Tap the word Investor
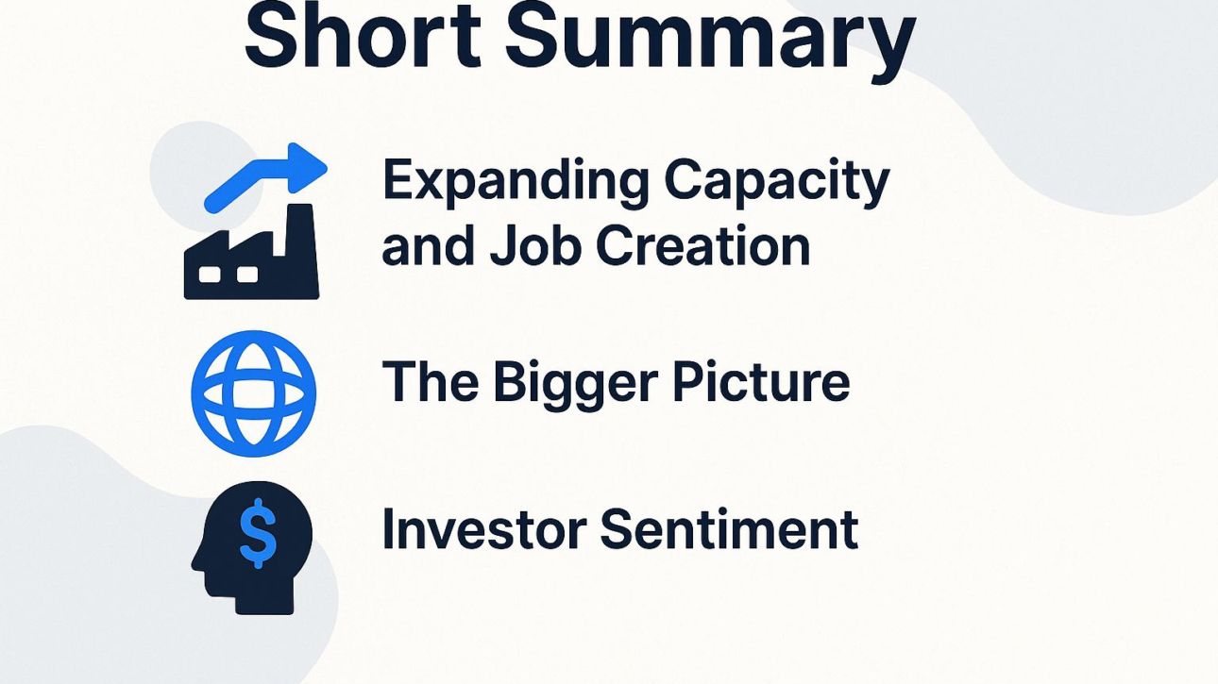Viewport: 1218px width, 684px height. tap(482, 528)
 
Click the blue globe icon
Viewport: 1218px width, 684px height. tap(253, 393)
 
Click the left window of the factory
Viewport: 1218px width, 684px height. tap(211, 275)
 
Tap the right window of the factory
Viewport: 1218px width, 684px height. tap(247, 275)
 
